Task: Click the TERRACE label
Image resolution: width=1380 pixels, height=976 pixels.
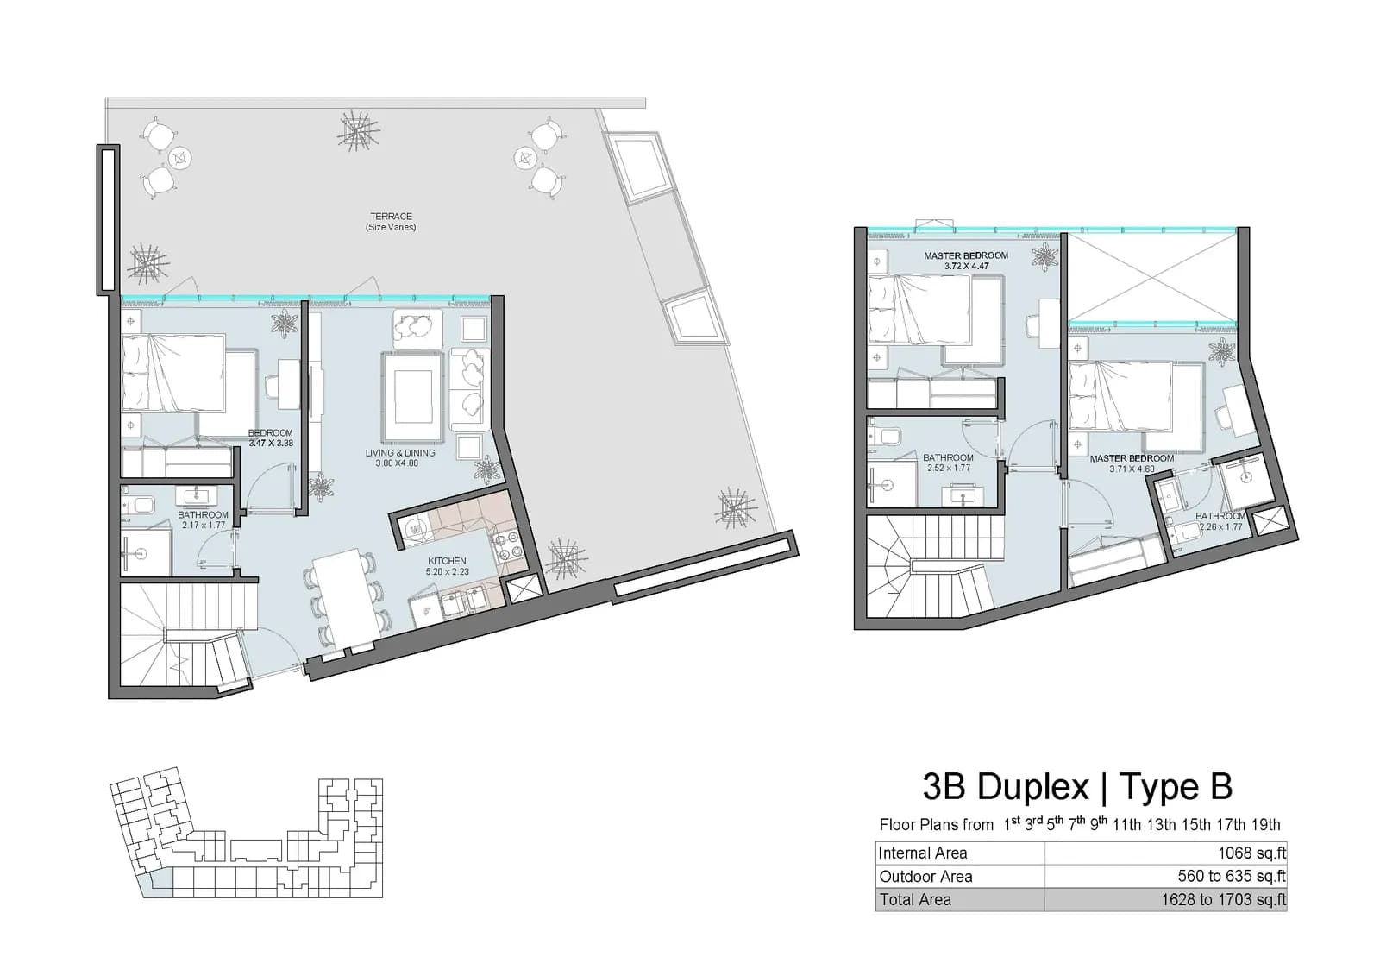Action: tap(391, 217)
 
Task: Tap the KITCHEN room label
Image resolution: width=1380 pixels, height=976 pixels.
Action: tap(447, 561)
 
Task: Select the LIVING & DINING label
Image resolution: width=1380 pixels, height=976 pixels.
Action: tap(400, 453)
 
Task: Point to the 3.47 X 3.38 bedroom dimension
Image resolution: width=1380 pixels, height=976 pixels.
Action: tap(271, 444)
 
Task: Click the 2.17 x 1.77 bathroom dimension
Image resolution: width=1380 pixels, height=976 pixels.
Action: tap(204, 526)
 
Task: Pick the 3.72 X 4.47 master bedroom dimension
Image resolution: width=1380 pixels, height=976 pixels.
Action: tap(966, 267)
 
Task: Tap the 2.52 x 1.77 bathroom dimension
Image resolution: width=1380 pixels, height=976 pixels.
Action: tap(948, 469)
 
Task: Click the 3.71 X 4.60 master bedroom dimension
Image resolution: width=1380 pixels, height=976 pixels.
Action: tap(1132, 469)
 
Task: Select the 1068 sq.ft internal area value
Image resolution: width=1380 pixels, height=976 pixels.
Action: tap(1251, 853)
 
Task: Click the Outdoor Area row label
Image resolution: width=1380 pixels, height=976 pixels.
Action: tap(925, 877)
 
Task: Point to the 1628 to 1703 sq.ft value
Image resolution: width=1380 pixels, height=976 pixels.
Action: tap(1224, 900)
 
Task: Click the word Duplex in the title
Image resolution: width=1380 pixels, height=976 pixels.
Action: tap(1033, 787)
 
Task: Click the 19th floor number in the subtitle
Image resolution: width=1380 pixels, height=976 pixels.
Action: tap(1265, 825)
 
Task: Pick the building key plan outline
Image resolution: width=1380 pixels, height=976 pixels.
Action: tap(247, 833)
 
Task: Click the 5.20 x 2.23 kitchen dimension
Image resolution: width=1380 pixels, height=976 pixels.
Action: tap(447, 572)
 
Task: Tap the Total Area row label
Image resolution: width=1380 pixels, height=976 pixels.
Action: tap(915, 900)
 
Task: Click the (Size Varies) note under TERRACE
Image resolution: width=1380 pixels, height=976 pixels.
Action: tap(391, 228)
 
